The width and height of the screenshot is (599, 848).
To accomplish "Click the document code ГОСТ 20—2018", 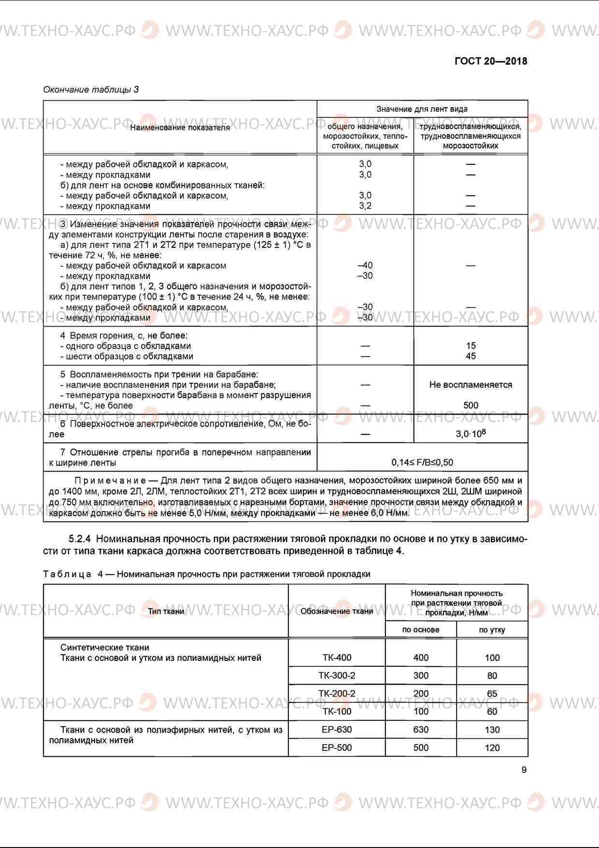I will [x=491, y=61].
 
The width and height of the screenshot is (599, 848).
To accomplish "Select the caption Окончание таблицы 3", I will [x=91, y=89].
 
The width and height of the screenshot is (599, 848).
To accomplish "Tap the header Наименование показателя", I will [x=180, y=128].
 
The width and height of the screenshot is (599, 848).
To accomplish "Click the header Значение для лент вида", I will [x=422, y=109].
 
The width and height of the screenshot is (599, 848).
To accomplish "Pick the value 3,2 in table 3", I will [x=365, y=206].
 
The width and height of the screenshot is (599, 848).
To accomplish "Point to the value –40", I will [x=365, y=265].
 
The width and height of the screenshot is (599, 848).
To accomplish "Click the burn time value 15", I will [x=471, y=346].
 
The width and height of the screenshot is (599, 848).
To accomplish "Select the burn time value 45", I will [x=471, y=357].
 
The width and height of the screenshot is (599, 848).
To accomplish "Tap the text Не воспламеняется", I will [x=471, y=385].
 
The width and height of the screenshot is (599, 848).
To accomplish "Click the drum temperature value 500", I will [x=471, y=406].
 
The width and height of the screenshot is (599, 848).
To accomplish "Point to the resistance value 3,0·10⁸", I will [x=471, y=434].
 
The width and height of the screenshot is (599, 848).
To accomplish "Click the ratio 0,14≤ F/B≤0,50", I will [x=422, y=462].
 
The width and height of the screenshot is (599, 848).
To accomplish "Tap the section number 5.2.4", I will [x=82, y=539].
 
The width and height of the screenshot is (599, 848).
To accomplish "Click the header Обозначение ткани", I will [x=337, y=611].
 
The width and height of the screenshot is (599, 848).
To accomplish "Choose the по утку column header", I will [x=492, y=630].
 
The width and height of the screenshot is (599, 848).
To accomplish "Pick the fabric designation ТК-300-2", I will [x=337, y=676].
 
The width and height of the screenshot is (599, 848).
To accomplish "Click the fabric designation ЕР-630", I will [x=337, y=730].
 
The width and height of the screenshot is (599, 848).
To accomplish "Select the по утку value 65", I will [x=492, y=694].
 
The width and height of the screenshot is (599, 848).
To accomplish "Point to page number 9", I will [x=524, y=770].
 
